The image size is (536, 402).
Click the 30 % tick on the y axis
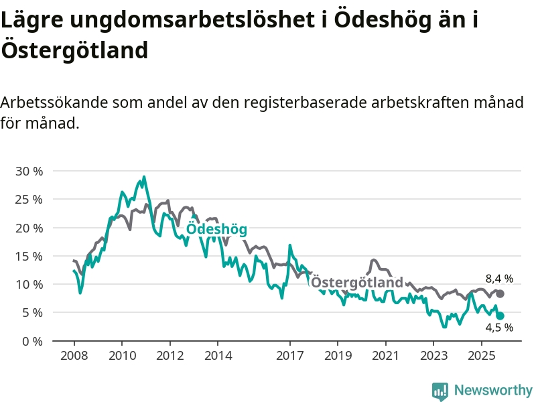tap(29, 172)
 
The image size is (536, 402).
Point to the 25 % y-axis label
tap(29, 200)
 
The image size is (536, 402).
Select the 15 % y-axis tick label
tap(29, 256)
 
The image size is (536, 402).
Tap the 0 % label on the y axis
tap(32, 341)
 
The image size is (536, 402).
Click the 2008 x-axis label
tap(74, 354)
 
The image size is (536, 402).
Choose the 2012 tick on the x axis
tap(170, 354)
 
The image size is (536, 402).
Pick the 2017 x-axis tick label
tap(289, 354)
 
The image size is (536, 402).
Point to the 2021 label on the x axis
tap(385, 354)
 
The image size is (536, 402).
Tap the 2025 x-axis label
tap(481, 354)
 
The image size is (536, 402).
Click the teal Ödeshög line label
tap(216, 229)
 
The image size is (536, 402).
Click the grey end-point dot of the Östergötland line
tap(500, 294)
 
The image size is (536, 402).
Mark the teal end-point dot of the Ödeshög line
tap(500, 316)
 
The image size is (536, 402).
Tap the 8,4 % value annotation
tap(499, 278)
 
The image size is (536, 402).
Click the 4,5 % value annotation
tap(499, 328)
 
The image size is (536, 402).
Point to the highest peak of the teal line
tap(144, 177)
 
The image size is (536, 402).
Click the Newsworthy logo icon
tap(440, 391)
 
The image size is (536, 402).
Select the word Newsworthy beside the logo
tap(493, 391)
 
